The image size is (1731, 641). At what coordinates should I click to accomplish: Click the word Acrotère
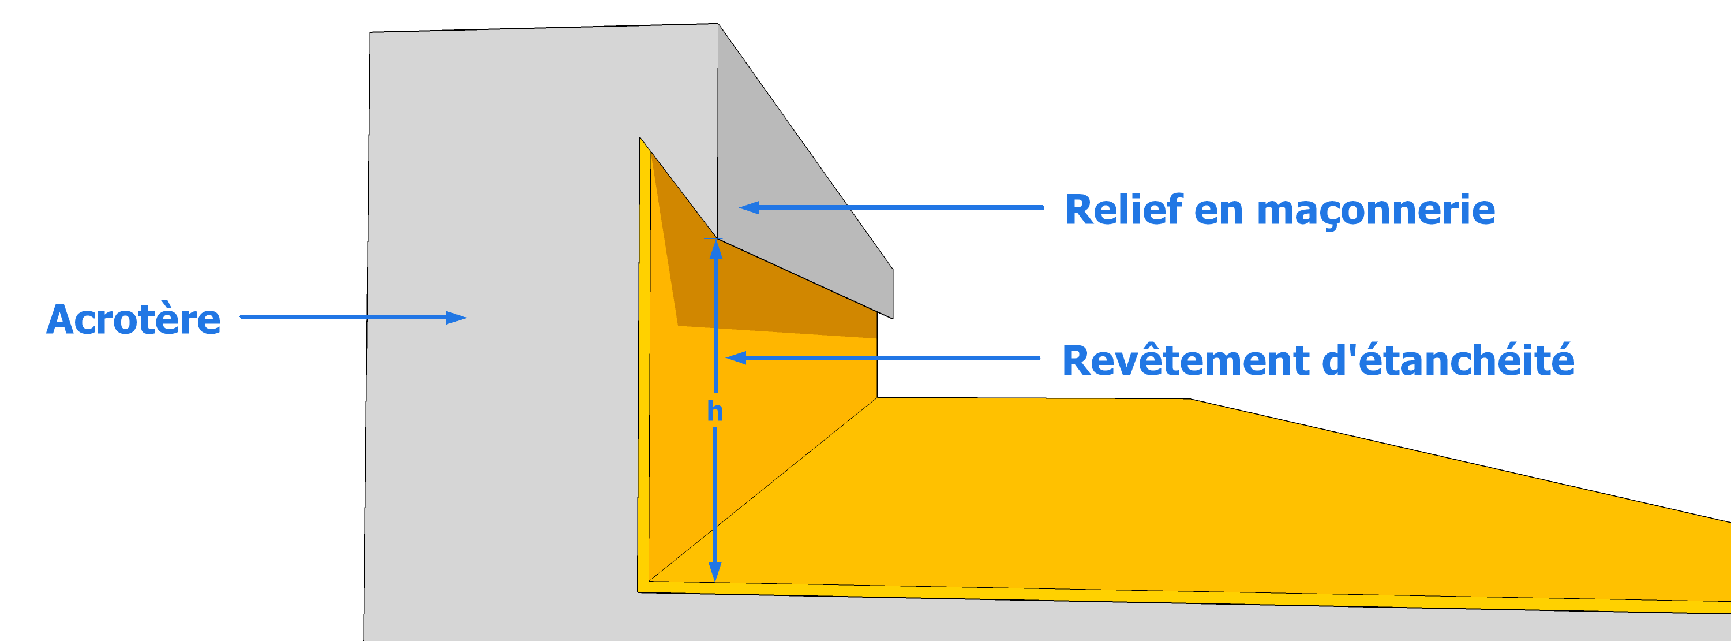133,319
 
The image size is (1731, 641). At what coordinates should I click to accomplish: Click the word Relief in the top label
1123,209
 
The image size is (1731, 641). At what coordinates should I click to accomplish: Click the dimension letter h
715,411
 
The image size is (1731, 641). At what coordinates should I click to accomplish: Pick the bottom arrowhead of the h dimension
715,571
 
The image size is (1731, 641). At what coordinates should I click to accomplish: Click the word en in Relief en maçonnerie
1218,211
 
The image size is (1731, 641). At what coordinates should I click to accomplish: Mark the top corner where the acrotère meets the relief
718,24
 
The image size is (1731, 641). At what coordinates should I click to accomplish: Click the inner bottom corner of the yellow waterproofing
649,580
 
